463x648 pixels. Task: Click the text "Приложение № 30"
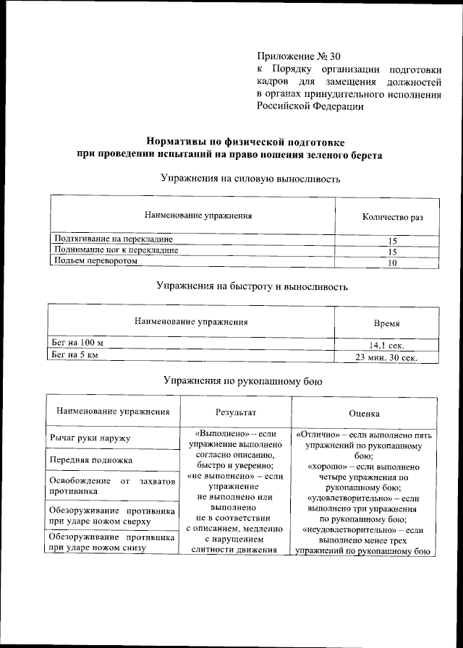pyautogui.click(x=299, y=56)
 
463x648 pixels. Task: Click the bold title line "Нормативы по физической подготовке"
pyautogui.click(x=245, y=142)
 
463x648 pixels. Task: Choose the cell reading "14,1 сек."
pyautogui.click(x=386, y=346)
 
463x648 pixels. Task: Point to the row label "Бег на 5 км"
pyautogui.click(x=73, y=354)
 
